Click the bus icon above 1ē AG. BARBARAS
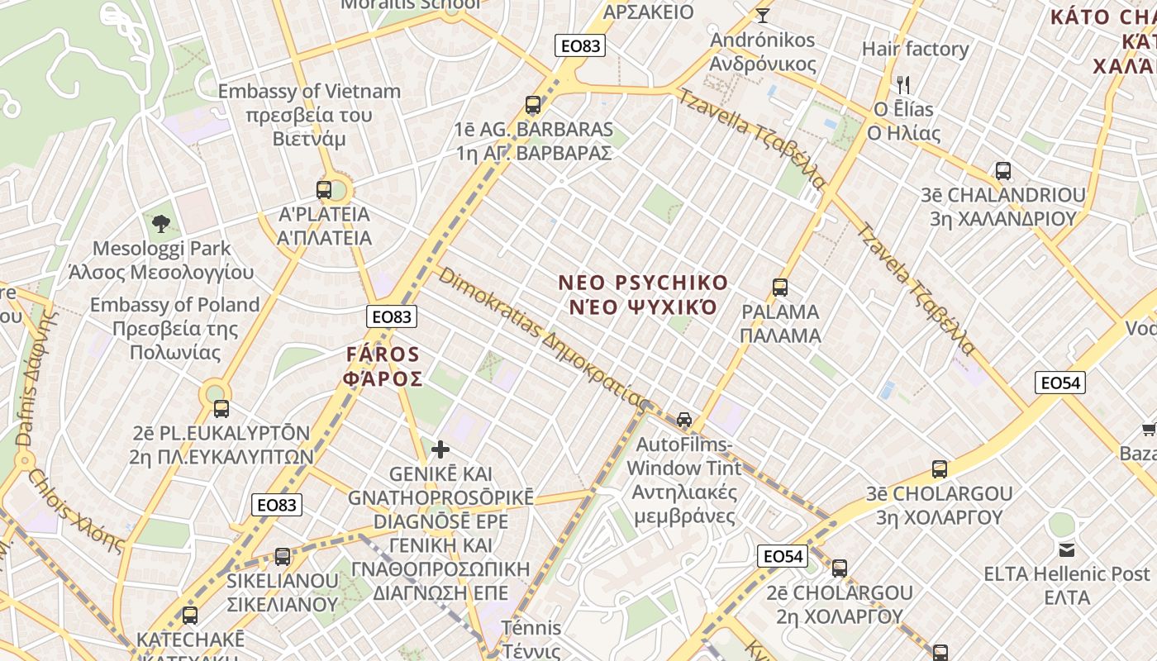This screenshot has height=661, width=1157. click(x=533, y=105)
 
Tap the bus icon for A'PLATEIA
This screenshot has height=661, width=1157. click(x=324, y=190)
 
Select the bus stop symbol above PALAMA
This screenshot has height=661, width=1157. click(x=779, y=288)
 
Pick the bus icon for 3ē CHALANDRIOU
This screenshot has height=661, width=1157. click(x=1002, y=171)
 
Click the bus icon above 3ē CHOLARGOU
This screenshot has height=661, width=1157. click(x=939, y=469)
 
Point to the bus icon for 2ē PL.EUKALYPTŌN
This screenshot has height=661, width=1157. click(x=221, y=408)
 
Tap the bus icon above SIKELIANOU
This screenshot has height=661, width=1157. click(x=283, y=556)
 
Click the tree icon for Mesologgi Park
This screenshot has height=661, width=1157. click(x=161, y=223)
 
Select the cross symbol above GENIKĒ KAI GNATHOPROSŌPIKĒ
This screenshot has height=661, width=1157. click(x=440, y=449)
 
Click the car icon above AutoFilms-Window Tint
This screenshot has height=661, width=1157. click(x=684, y=419)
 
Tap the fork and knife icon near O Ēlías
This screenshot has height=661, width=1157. click(x=903, y=84)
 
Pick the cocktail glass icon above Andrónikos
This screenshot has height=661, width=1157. click(x=762, y=15)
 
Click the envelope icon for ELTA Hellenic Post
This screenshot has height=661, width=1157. click(x=1066, y=549)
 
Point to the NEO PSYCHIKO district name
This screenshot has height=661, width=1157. click(x=643, y=295)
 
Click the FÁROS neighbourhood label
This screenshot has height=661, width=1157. click(x=383, y=367)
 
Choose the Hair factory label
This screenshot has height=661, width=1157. click(x=915, y=49)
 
